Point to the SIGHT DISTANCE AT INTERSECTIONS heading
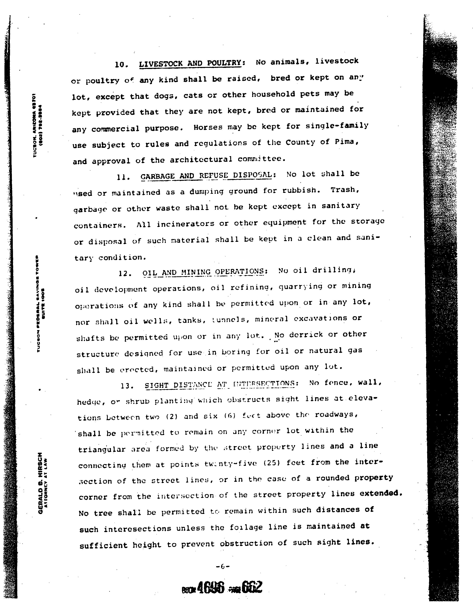point(219,384)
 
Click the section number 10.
point(121,65)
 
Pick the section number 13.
point(126,386)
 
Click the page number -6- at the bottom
point(223,567)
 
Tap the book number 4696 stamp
point(211,587)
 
